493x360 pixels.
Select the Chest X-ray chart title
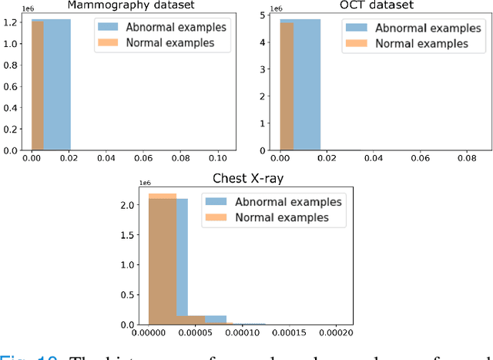249,180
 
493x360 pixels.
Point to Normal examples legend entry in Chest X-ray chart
265,217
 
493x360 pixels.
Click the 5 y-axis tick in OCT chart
264,15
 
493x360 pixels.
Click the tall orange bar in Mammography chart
37,85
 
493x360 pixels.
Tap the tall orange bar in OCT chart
285,85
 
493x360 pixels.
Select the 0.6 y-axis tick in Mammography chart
12,86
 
